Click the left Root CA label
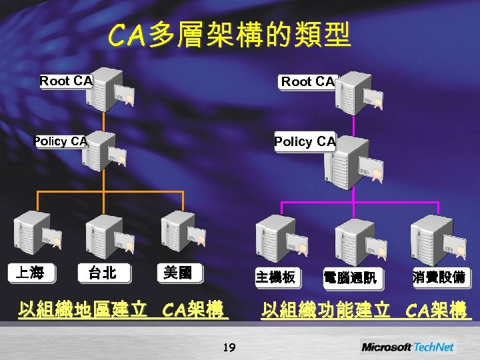[66, 81]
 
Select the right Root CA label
[307, 82]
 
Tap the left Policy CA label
[61, 141]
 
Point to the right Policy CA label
[305, 141]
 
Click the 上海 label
[30, 273]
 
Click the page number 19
[229, 345]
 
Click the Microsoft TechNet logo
[407, 347]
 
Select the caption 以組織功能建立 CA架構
[365, 311]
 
